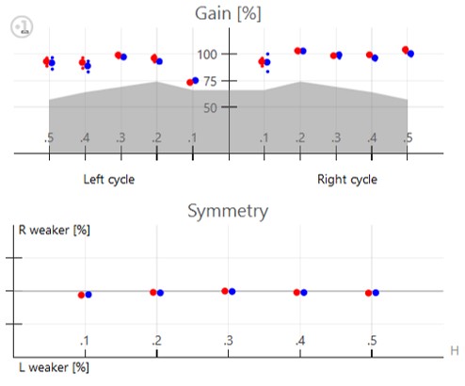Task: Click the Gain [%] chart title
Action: point(228,14)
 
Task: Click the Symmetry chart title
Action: point(228,211)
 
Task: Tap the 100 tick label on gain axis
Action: point(207,55)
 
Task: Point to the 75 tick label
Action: point(210,81)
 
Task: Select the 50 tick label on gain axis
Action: point(210,108)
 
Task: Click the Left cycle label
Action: point(109,180)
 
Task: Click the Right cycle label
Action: point(347,180)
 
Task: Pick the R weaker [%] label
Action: point(55,230)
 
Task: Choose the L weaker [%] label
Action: point(54,367)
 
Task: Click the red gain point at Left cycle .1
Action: point(190,83)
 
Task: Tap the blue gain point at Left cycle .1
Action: point(196,81)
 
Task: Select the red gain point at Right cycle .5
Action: point(406,50)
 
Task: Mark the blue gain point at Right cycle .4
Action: point(375,58)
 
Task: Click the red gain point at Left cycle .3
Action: point(118,56)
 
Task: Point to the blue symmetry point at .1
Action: point(88,295)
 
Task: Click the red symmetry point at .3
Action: point(225,291)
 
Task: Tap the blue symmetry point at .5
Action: point(376,293)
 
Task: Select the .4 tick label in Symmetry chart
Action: point(300,341)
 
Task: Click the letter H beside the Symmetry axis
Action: point(455,350)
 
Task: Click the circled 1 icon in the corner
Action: point(22,26)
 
